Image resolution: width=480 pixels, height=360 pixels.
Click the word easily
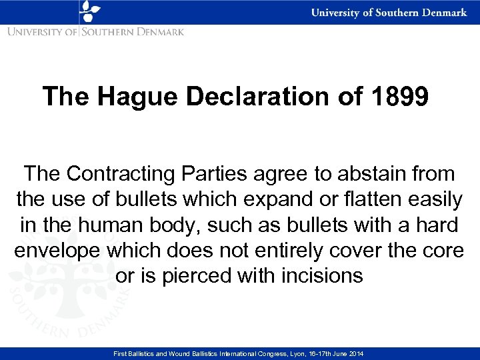pyautogui.click(x=436, y=199)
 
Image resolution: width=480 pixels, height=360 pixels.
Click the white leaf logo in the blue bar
pyautogui.click(x=89, y=12)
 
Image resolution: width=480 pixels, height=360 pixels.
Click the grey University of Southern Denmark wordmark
pyautogui.click(x=96, y=31)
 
